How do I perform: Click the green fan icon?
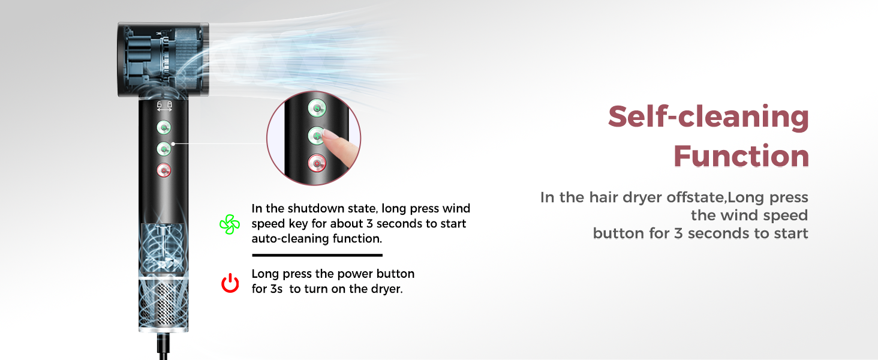230,224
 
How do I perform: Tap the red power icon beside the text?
230,282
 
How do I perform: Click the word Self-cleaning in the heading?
708,117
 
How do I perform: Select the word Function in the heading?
741,157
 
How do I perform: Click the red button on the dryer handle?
164,170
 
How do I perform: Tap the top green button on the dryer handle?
164,127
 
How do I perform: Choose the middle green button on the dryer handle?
164,148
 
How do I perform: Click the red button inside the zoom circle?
317,163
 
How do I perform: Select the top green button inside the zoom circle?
317,109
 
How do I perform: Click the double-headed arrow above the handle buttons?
164,109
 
